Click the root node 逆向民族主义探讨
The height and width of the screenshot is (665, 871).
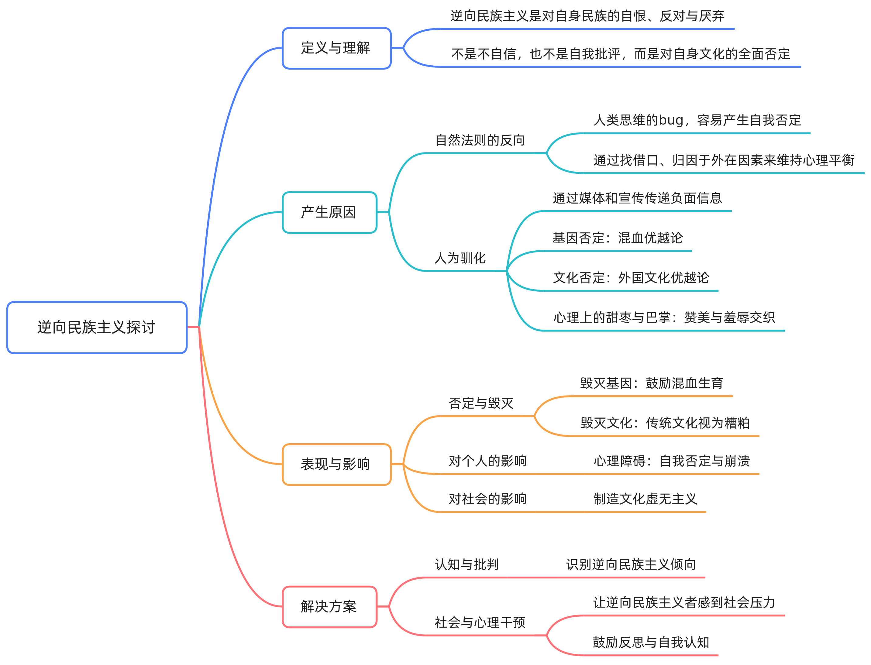[97, 327]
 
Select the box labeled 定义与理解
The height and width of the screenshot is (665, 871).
[336, 48]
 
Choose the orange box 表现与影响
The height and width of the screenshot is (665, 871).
[336, 464]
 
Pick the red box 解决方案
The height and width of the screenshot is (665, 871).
[329, 606]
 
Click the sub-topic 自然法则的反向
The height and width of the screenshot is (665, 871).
[480, 140]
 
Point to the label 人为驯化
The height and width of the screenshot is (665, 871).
[460, 258]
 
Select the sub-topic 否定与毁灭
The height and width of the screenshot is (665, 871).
[481, 403]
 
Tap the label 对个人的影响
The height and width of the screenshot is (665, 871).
[487, 461]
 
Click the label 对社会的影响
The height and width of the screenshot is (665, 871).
[487, 499]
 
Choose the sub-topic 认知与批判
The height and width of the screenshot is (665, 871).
[467, 564]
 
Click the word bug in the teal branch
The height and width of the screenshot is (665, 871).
[671, 120]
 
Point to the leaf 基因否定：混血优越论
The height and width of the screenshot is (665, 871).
[618, 238]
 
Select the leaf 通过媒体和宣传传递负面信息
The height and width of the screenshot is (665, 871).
[637, 198]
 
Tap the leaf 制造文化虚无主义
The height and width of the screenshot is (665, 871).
[645, 499]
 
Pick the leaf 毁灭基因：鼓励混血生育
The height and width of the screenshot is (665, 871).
[652, 383]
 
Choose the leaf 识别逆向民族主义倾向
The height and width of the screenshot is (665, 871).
[631, 564]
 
